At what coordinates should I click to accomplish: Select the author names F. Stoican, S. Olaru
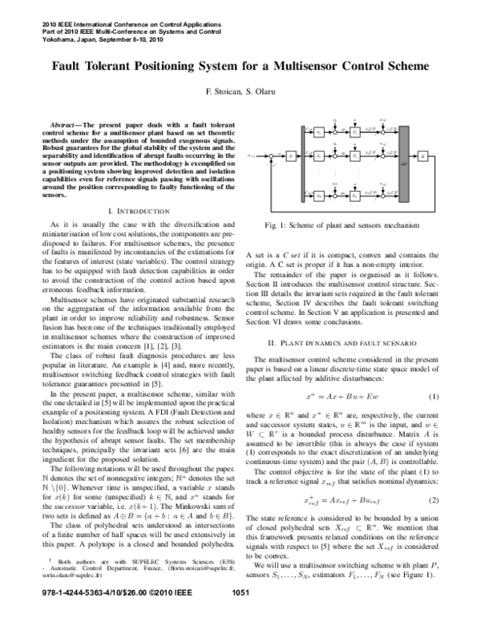(240, 93)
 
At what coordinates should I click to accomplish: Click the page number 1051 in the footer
(240, 615)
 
